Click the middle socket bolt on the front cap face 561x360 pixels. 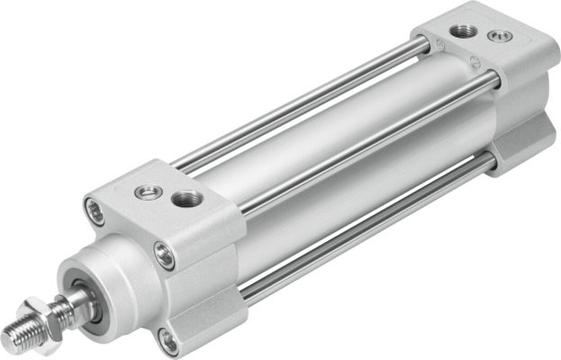[164, 256]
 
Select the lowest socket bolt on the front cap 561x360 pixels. [167, 338]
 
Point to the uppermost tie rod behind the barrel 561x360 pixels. [297, 99]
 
